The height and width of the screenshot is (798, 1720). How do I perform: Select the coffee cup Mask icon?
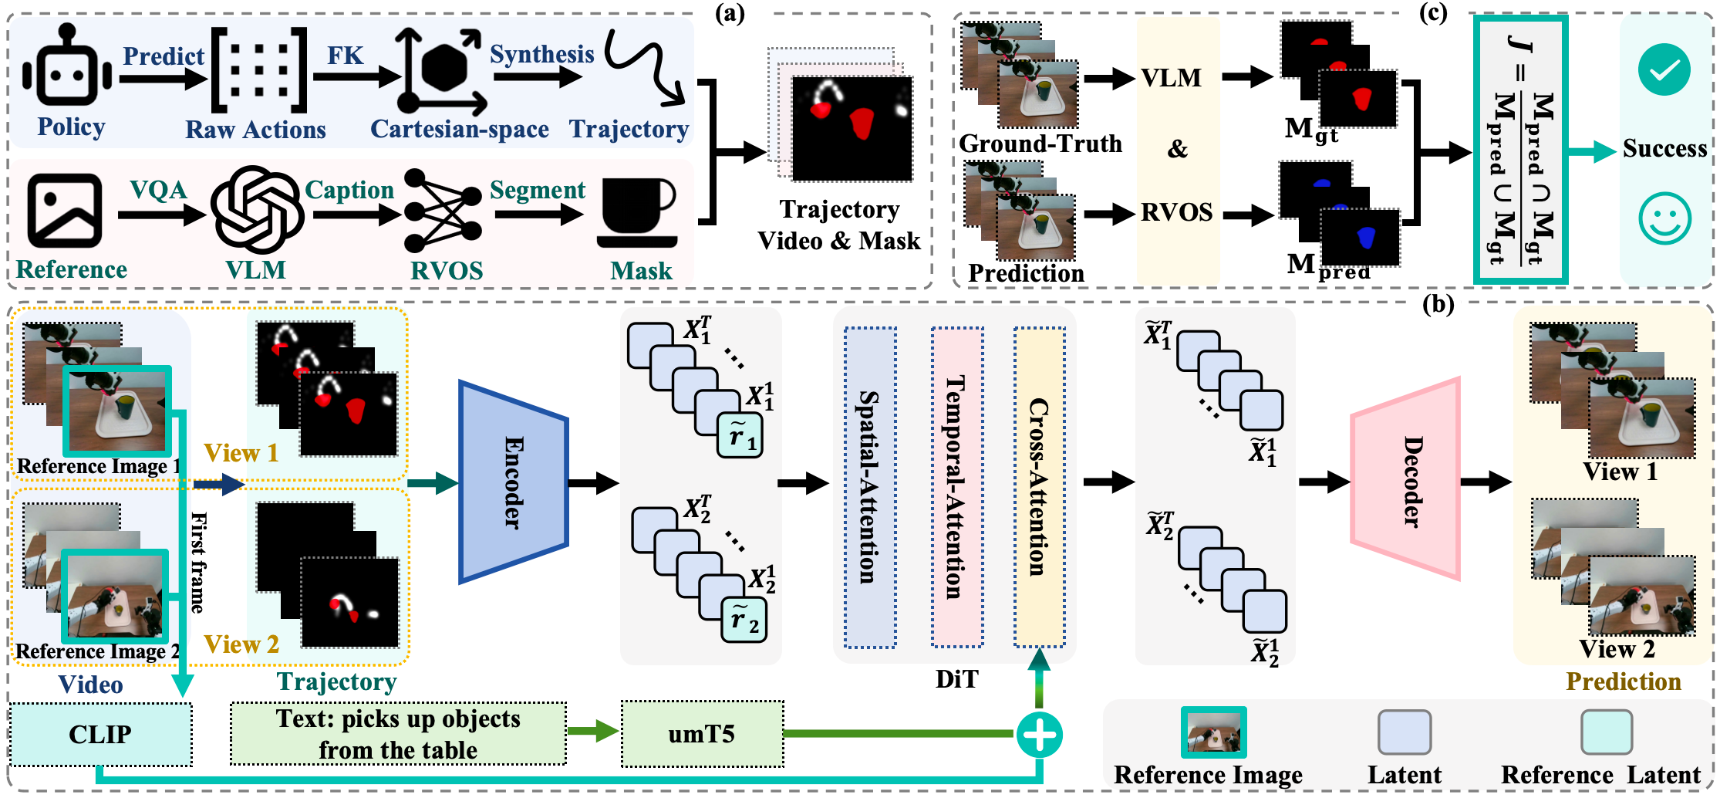(x=636, y=212)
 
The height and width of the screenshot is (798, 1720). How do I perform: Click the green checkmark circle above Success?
(x=1664, y=70)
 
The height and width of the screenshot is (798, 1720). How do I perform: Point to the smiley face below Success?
(x=1664, y=218)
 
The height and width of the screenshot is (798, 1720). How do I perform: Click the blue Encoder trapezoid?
(x=513, y=482)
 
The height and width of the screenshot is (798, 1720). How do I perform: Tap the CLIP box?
(x=100, y=734)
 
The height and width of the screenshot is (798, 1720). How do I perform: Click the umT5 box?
(x=702, y=734)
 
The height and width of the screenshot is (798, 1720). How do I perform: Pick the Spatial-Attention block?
(x=870, y=487)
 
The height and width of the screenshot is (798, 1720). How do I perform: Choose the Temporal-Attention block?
(x=956, y=487)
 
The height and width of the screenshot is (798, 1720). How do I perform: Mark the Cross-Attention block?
(x=1039, y=487)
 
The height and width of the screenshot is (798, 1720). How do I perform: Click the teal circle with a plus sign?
(x=1039, y=735)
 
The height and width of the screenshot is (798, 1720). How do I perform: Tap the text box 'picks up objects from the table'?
(x=398, y=734)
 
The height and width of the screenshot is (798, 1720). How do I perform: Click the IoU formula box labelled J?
(x=1520, y=150)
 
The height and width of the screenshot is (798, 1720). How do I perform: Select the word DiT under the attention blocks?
(x=956, y=679)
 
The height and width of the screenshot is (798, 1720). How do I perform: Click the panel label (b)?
(x=1438, y=304)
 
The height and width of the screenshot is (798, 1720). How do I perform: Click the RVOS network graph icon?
(x=443, y=210)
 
